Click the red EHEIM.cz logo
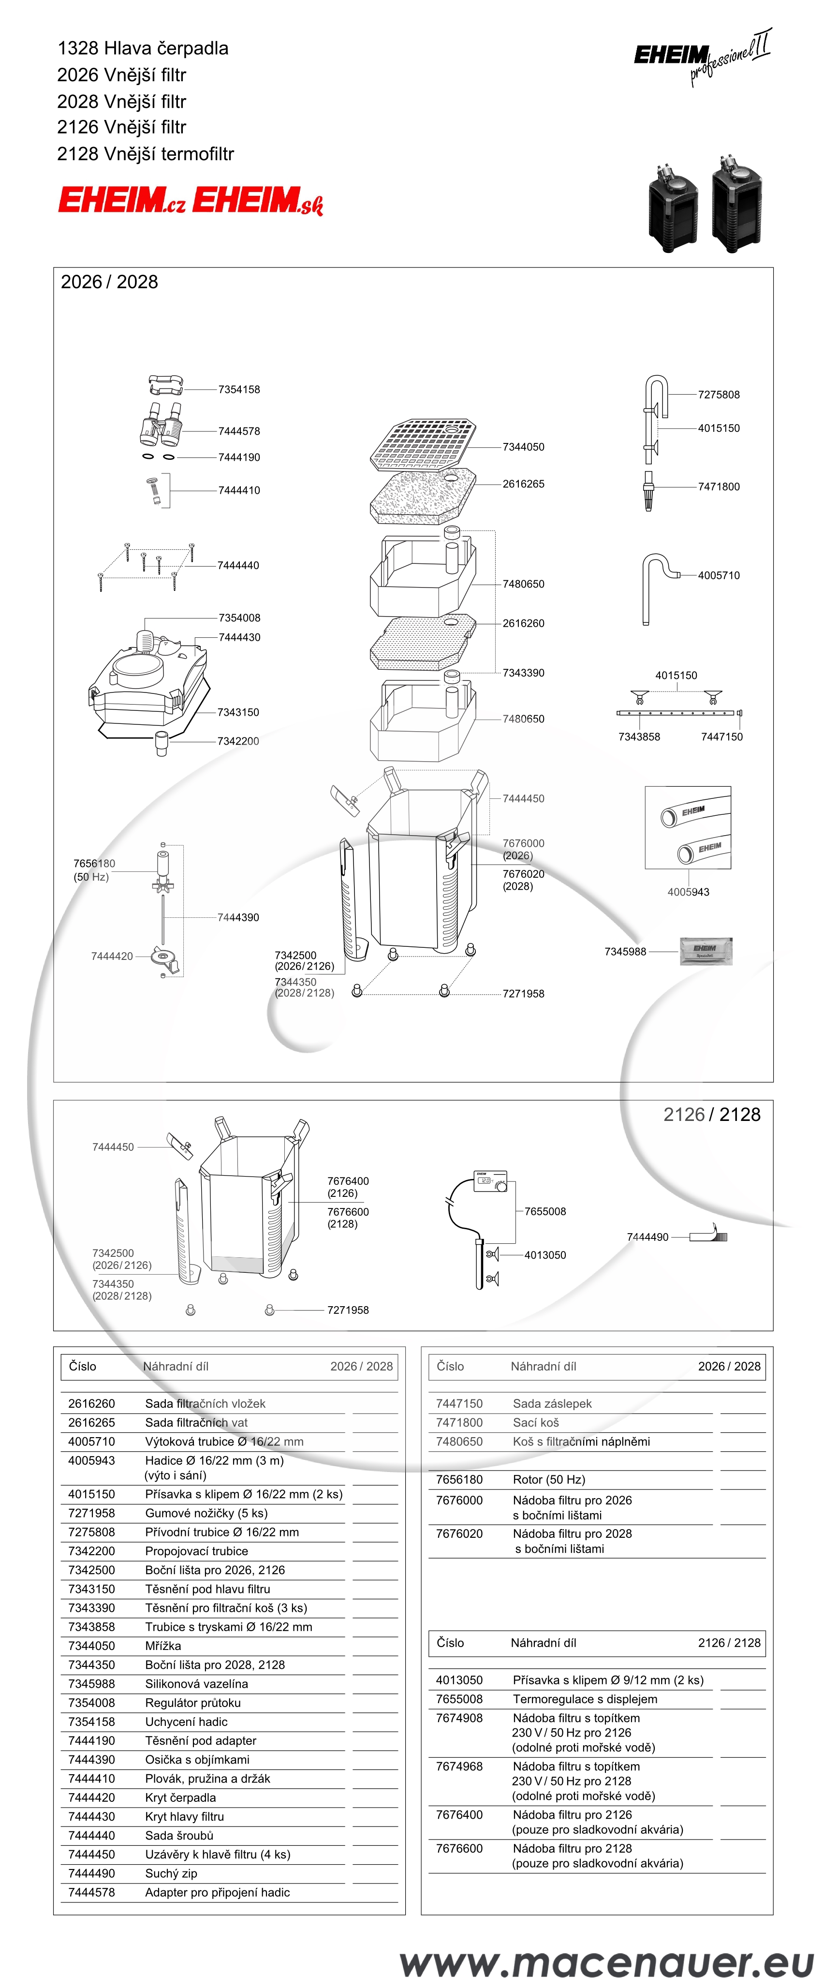click(x=122, y=201)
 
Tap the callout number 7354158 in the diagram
click(x=239, y=390)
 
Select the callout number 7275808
click(x=718, y=394)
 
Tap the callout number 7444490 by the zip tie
click(x=647, y=1237)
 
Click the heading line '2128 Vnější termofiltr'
click(x=145, y=154)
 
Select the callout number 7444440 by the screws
click(x=238, y=566)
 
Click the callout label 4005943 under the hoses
click(x=688, y=892)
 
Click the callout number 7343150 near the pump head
click(x=238, y=712)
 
